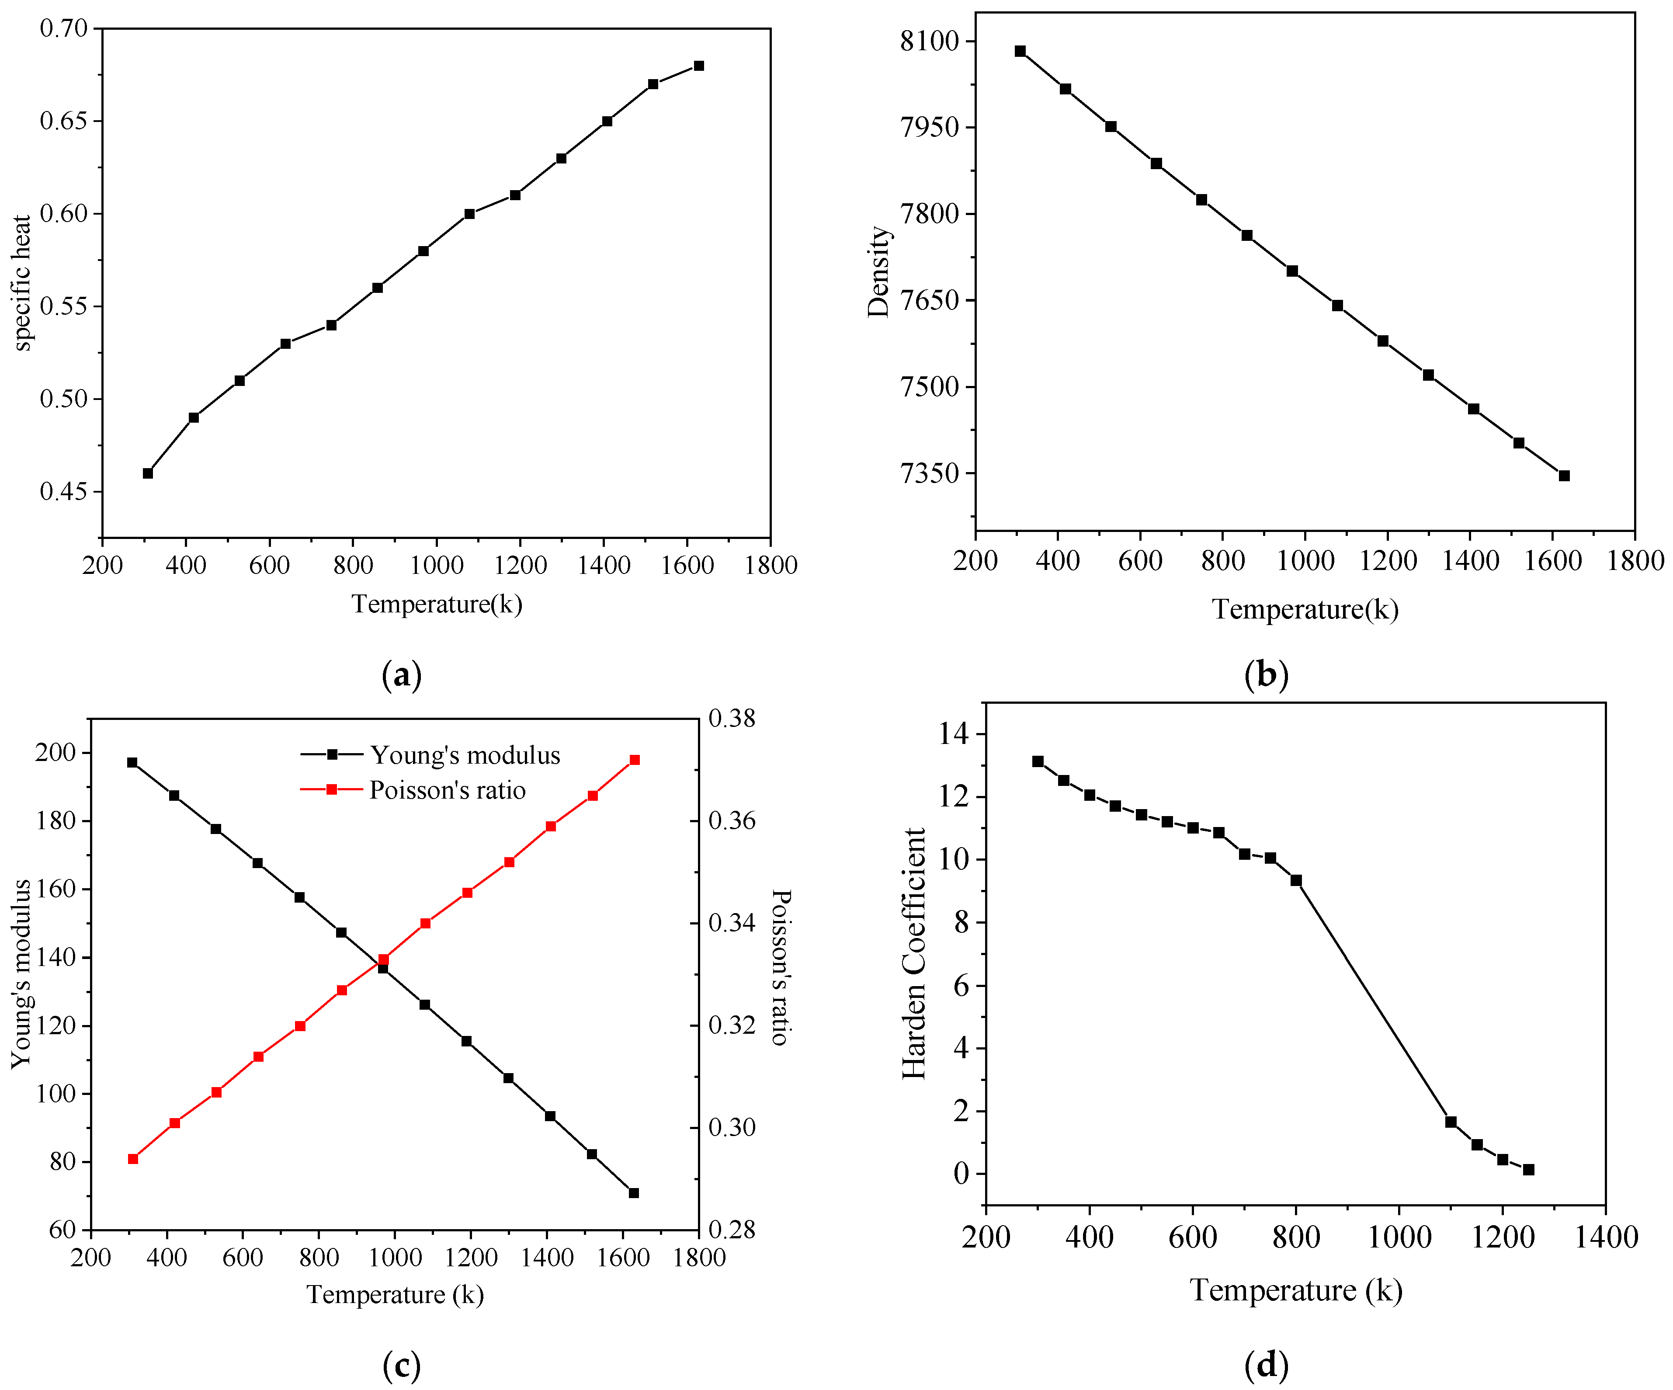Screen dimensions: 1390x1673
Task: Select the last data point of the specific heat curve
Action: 699,65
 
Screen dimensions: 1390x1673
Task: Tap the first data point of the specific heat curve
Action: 147,473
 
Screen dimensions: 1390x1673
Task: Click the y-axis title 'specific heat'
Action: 22,283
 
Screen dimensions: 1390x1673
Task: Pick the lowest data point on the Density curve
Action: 1564,476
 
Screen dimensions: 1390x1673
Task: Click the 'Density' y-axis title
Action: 879,271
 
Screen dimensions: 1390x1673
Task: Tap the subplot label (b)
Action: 1266,675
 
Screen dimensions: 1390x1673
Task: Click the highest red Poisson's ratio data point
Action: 635,760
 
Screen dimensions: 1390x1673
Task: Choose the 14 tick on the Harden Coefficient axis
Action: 954,733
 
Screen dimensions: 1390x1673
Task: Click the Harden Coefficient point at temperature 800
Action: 1296,880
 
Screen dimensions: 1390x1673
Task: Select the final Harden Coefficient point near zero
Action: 1528,1169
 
